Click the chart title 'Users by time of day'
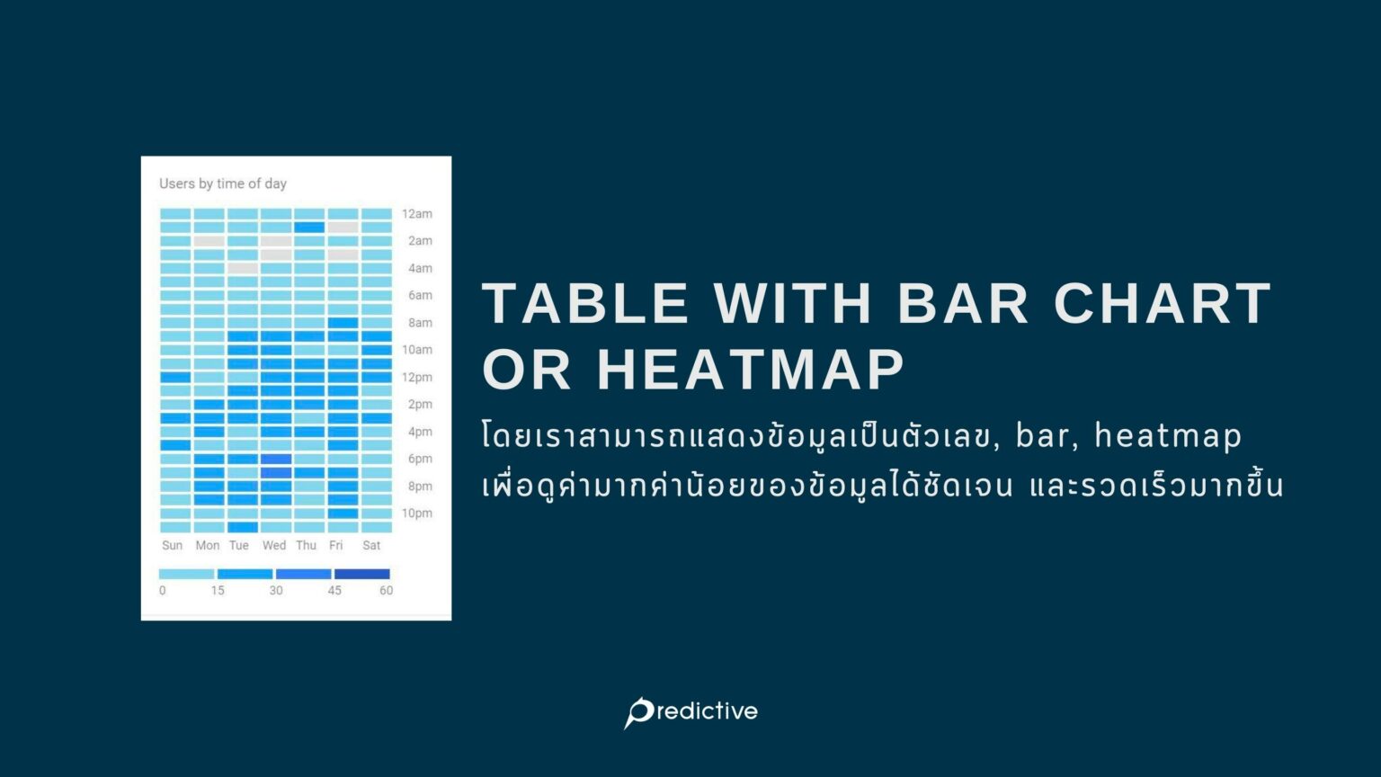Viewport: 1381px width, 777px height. [223, 183]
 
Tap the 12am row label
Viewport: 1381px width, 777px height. [416, 214]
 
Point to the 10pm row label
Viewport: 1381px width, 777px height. [416, 514]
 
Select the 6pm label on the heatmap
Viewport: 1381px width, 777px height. [420, 459]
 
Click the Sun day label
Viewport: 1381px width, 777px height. [172, 545]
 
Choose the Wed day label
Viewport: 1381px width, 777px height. [274, 545]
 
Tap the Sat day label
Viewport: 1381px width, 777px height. [371, 545]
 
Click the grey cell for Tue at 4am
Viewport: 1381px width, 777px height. [243, 268]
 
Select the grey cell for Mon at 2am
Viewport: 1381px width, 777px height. [209, 241]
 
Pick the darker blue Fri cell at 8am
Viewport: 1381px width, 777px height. [343, 323]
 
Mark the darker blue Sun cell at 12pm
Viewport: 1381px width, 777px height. [175, 377]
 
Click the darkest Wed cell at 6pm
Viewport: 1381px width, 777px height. [276, 459]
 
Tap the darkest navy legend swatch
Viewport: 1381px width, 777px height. [362, 574]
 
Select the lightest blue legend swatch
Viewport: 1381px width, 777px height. [186, 574]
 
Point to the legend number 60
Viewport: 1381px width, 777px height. [386, 591]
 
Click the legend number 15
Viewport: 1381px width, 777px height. [218, 591]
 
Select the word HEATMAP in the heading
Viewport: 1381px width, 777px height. [750, 369]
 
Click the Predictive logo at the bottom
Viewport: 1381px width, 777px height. [690, 711]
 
